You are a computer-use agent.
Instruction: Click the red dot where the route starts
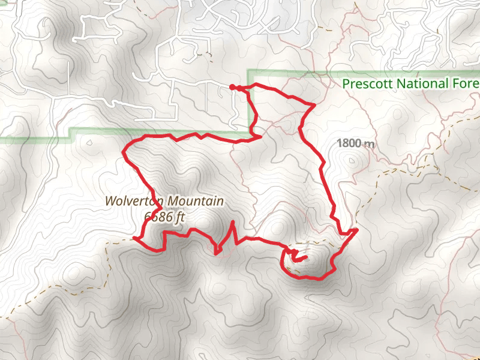click(232, 87)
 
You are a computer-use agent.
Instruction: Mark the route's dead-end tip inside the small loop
click(306, 258)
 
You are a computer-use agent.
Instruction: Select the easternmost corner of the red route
click(357, 229)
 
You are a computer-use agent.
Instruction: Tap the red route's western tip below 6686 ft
click(134, 238)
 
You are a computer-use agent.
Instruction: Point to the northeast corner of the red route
click(314, 106)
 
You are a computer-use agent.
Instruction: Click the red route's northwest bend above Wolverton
click(124, 151)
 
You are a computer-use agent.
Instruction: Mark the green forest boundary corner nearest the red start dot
click(248, 71)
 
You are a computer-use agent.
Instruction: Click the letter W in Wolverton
click(110, 202)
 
